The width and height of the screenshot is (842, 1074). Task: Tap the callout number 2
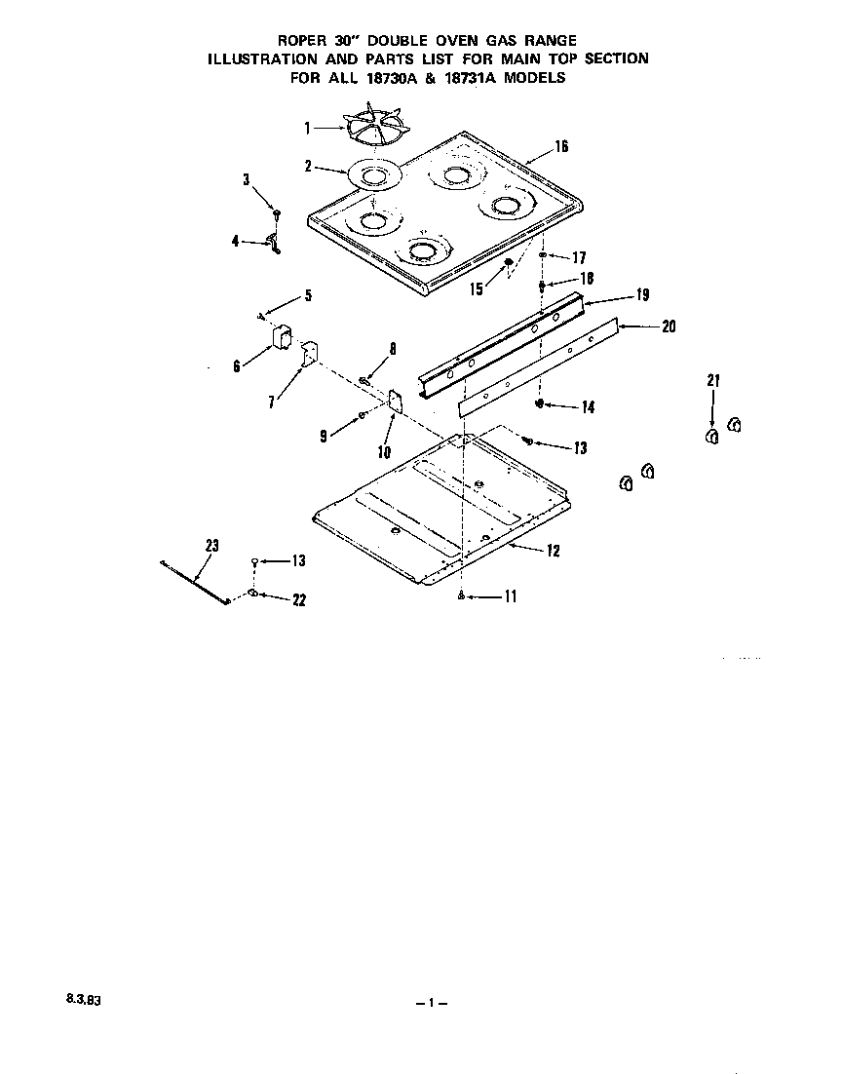(308, 167)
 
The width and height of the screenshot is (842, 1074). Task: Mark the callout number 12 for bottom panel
(553, 551)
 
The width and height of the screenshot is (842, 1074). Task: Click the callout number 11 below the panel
(510, 597)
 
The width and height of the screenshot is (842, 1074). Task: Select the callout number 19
(642, 294)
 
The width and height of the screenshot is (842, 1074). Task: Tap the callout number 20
(668, 326)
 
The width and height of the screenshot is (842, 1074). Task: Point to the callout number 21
(712, 381)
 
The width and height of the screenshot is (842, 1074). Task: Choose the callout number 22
(299, 600)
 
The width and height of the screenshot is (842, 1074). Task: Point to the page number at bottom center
(429, 1003)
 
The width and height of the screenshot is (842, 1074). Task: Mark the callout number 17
(578, 258)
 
